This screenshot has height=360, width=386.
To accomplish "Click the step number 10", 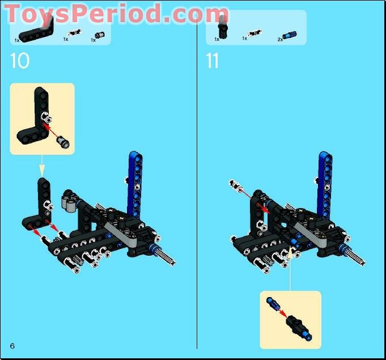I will pos(20,61).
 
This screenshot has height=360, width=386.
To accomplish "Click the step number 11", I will pos(212,61).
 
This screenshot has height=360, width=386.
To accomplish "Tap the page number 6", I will pos(12,346).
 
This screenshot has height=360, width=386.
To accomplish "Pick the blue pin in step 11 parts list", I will pos(291,35).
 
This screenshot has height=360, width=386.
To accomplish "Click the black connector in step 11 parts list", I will pos(223,26).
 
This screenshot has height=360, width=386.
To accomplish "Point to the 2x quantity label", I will pos(280,40).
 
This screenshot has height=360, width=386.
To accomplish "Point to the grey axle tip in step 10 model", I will pos(168,260).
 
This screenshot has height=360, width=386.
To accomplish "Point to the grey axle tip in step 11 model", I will pos(358,260).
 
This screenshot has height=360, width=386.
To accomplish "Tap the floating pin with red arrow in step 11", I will pos(235,185).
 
